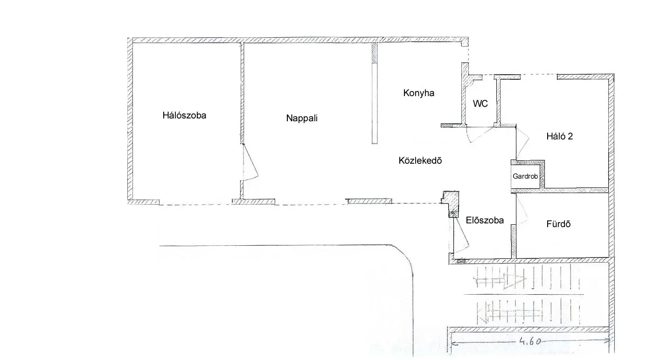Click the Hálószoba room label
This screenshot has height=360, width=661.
pyautogui.click(x=184, y=115)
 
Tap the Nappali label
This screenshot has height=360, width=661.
pyautogui.click(x=302, y=118)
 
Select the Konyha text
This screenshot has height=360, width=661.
pyautogui.click(x=418, y=93)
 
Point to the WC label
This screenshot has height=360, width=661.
pyautogui.click(x=480, y=104)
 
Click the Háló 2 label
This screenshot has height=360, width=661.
pyautogui.click(x=559, y=136)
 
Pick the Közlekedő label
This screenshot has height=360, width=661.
pyautogui.click(x=420, y=160)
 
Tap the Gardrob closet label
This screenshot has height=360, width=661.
pyautogui.click(x=525, y=176)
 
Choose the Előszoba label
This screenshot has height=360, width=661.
pyautogui.click(x=485, y=221)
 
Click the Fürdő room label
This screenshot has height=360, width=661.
pyautogui.click(x=558, y=224)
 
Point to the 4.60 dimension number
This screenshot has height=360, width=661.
pyautogui.click(x=530, y=341)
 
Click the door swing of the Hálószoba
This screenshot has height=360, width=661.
pyautogui.click(x=250, y=162)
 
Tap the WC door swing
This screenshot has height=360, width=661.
pyautogui.click(x=480, y=135)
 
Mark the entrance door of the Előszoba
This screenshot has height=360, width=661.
pyautogui.click(x=460, y=235)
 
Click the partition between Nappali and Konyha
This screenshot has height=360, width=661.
pyautogui.click(x=375, y=94)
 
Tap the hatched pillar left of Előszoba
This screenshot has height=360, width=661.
pyautogui.click(x=451, y=204)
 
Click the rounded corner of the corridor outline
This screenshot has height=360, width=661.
pyautogui.click(x=406, y=255)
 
